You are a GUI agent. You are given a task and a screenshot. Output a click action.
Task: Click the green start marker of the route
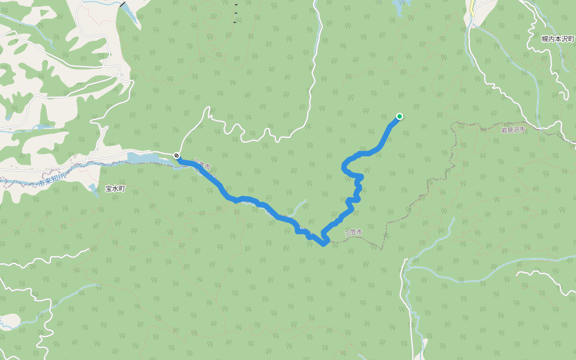click(x=399, y=116)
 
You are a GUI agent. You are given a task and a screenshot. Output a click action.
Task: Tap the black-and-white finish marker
click(x=176, y=155)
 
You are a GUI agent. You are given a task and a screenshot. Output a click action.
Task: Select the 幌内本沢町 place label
click(x=557, y=38)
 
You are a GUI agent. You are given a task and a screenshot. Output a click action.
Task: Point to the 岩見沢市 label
click(x=513, y=130)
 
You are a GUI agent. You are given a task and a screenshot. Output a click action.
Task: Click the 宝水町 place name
click(x=115, y=188)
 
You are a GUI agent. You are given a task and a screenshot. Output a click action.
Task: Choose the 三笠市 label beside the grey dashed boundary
click(x=354, y=232)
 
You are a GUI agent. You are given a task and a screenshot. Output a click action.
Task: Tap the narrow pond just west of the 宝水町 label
click(x=94, y=190)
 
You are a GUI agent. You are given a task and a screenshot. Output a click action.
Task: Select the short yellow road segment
click(x=472, y=10)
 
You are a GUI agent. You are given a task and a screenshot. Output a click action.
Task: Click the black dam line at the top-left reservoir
click(x=122, y=4)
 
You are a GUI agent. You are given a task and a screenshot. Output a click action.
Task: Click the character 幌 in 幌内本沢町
click(x=544, y=38)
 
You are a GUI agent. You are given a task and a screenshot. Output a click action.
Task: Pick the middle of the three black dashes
click(x=236, y=13)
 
